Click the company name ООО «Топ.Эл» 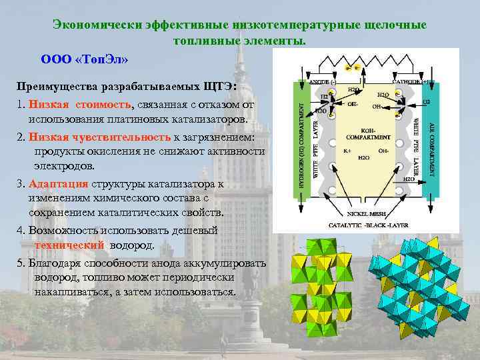pyautogui.click(x=85, y=59)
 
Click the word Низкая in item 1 pyautogui.click(x=49, y=105)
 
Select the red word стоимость pyautogui.click(x=103, y=105)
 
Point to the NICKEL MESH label pyautogui.click(x=365, y=215)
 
